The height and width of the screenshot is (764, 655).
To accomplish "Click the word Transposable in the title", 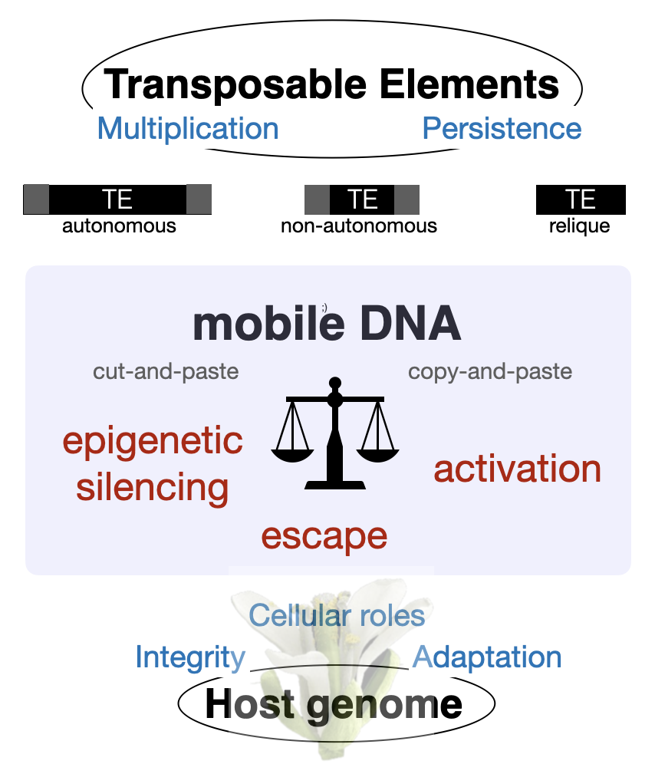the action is point(235,85).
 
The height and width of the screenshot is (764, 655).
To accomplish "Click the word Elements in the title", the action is point(469,84).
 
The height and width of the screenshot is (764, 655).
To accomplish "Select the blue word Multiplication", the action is point(188,129).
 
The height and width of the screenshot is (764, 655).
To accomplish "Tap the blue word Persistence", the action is point(502,128).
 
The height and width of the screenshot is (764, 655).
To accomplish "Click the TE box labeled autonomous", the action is point(117,199).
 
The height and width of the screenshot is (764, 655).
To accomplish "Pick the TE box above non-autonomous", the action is point(361,199).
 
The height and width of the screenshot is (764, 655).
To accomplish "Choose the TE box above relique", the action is point(581,199).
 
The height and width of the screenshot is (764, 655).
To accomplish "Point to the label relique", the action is point(580,226).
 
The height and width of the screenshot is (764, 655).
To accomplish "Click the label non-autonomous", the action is point(359,226).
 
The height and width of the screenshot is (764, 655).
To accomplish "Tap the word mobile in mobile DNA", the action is point(269,324).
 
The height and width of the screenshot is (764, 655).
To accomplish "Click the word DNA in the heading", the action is point(410,323).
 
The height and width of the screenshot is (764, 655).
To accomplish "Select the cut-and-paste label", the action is point(166,372).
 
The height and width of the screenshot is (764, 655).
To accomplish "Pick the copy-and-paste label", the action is point(490,372).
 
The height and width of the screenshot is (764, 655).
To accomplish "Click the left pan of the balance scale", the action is point(292,456).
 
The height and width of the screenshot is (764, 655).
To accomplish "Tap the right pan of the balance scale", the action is point(377,456).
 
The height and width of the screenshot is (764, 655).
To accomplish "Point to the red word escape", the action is point(324,537).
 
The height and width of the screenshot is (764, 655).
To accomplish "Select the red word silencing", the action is point(153,488).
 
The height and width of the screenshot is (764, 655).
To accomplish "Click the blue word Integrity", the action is point(190,658).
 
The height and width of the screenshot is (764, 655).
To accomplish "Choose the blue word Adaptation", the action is point(487,658).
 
